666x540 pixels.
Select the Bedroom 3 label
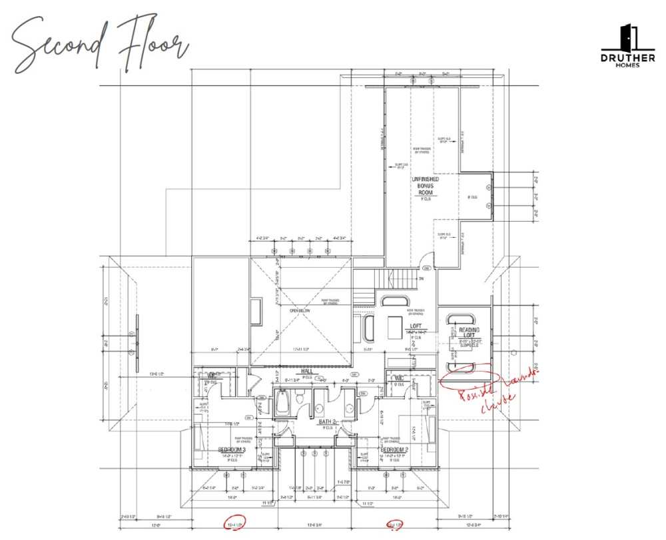click(x=232, y=450)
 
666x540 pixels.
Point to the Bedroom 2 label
click(x=394, y=450)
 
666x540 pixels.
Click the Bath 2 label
click(x=326, y=422)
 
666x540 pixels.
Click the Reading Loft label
click(x=469, y=334)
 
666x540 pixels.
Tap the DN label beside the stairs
click(x=421, y=278)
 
